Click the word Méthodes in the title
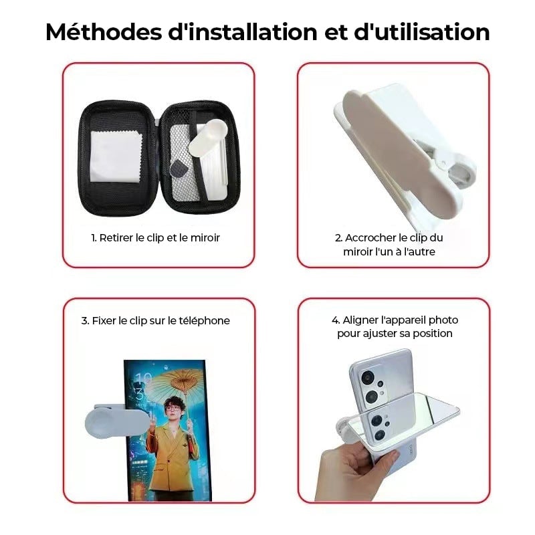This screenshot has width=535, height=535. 104,32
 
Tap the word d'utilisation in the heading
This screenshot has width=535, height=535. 422,32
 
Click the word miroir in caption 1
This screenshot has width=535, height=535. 205,238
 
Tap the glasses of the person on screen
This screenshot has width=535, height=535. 173,408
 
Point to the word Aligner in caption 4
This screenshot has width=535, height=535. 361,320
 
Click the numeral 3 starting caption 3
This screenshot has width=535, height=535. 84,321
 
